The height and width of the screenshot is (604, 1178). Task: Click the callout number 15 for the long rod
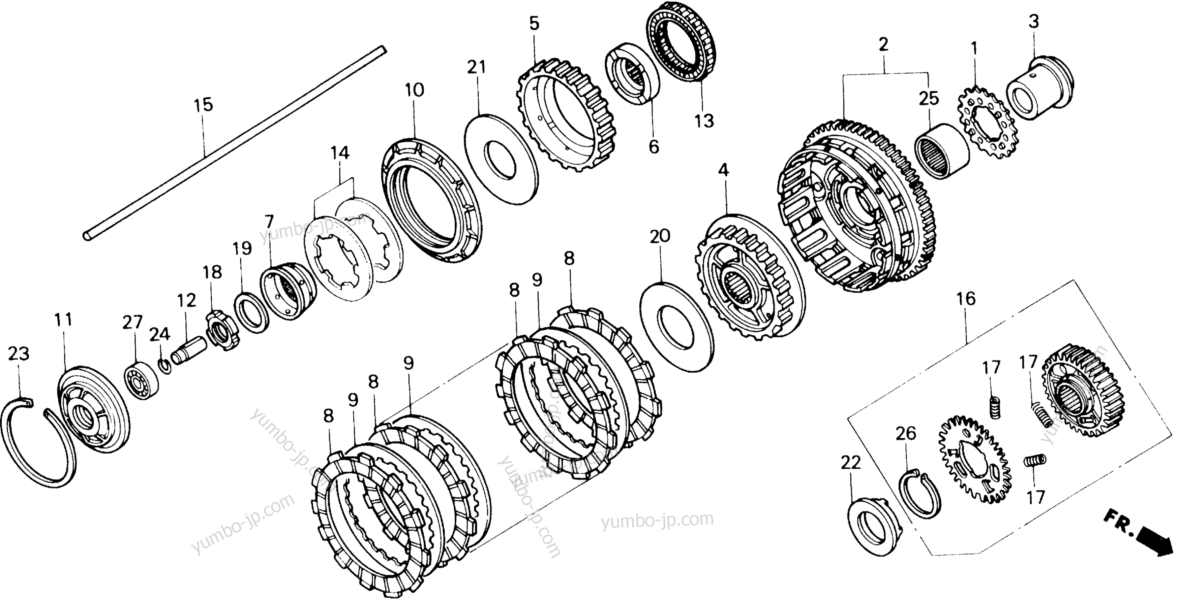pos(204,105)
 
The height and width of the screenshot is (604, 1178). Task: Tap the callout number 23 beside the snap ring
pos(19,353)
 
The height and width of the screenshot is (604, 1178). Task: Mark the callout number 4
pos(723,170)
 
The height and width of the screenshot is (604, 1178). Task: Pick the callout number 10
pos(414,90)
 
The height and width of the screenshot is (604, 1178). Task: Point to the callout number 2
pos(883,44)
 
